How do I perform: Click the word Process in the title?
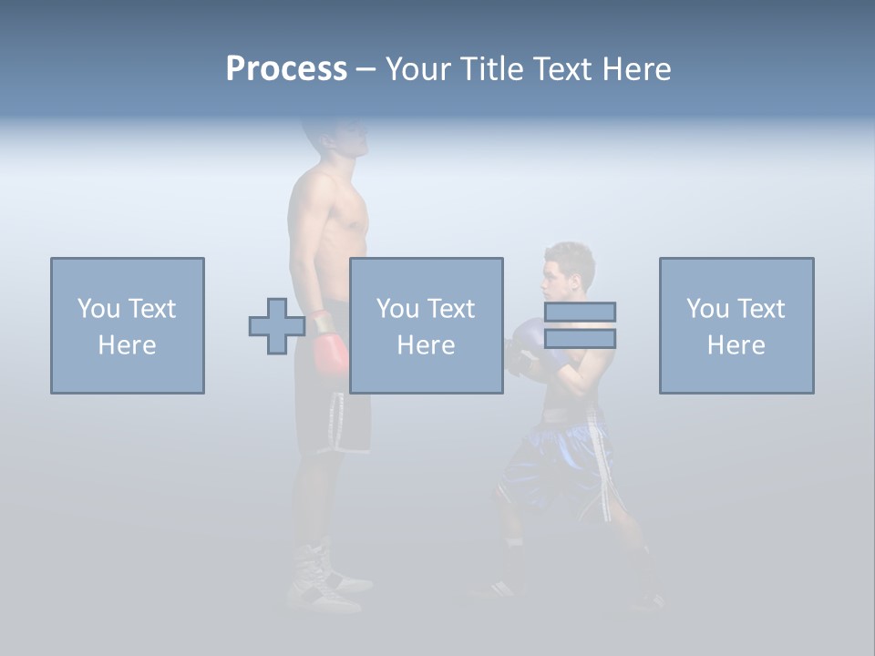point(286,69)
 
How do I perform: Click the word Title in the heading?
point(492,69)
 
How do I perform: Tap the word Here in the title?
point(635,69)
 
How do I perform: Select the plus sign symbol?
point(277,326)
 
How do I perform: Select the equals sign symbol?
point(580,325)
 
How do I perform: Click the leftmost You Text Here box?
point(128,325)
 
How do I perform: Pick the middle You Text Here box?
point(427,325)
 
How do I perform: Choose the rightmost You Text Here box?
point(736,325)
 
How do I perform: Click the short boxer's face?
point(556,282)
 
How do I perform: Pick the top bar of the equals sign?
point(580,312)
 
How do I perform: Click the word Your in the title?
point(417,69)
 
